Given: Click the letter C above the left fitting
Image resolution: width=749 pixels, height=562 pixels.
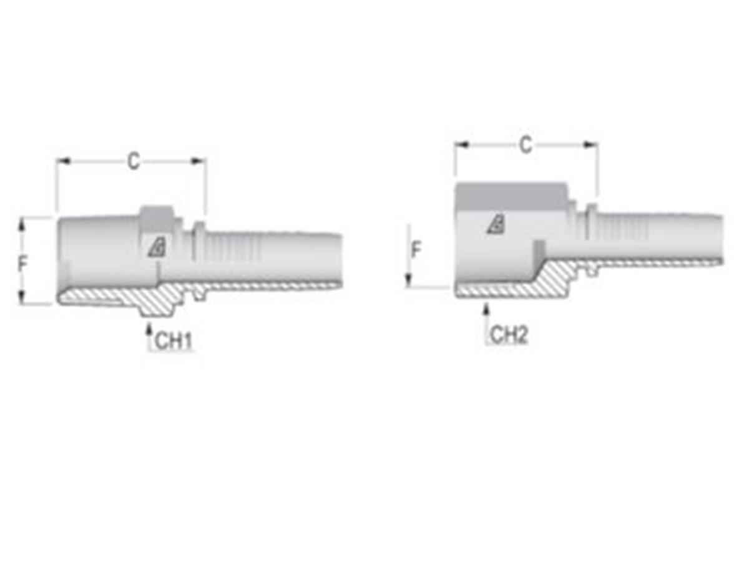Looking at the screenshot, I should (x=133, y=161).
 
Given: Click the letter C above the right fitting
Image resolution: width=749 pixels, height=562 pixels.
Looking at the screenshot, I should (x=526, y=145).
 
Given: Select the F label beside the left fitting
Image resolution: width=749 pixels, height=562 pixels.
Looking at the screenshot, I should (x=23, y=264).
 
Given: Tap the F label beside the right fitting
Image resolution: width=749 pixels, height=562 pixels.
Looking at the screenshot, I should (x=416, y=250).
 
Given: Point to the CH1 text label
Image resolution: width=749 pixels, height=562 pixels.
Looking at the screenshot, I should (x=173, y=341).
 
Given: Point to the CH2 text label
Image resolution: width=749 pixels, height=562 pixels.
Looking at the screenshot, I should (x=509, y=335).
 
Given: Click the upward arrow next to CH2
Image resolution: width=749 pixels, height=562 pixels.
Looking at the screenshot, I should (x=486, y=309).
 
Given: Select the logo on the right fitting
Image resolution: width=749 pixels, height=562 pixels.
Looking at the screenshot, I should (x=496, y=224).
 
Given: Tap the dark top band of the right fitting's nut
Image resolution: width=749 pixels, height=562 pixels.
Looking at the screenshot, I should (x=511, y=196).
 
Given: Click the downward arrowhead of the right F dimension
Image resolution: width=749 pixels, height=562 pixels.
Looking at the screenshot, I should (x=409, y=281).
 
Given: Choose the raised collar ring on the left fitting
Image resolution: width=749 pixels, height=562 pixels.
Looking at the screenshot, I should (x=198, y=240).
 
